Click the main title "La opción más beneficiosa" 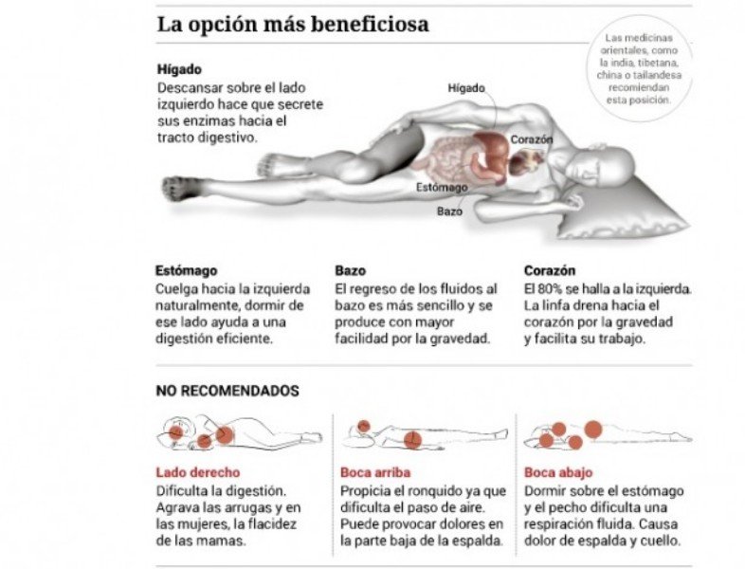click(x=293, y=25)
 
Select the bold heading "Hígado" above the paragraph click(x=179, y=69)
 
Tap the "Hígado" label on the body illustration click(x=466, y=88)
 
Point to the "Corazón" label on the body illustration click(x=532, y=139)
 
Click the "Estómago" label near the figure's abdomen click(x=443, y=187)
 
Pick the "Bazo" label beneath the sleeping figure click(x=449, y=211)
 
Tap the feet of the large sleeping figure click(x=182, y=187)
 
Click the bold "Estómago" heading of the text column click(x=186, y=270)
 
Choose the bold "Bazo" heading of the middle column click(x=351, y=270)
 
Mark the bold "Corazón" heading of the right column click(x=550, y=270)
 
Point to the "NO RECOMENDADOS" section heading click(x=227, y=391)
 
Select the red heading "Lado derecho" click(x=197, y=471)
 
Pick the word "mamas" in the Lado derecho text click(x=223, y=541)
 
